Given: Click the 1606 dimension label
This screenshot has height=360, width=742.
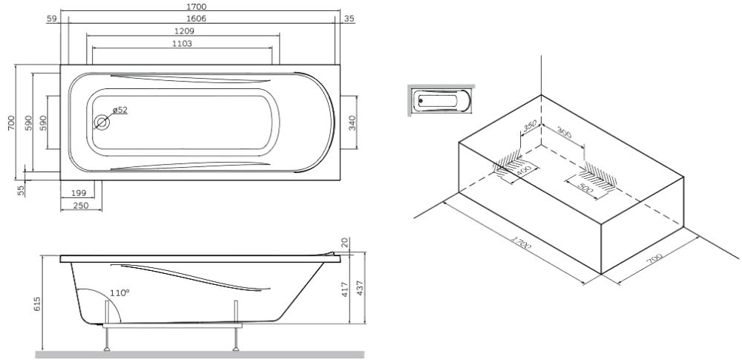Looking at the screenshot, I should [x=197, y=18].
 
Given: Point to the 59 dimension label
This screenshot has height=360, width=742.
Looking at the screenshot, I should [x=52, y=18].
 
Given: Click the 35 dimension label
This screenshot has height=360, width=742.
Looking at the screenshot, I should [x=349, y=18].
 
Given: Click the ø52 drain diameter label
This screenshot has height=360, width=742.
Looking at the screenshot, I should [x=120, y=110].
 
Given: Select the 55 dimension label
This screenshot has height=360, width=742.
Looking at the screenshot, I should [x=22, y=189].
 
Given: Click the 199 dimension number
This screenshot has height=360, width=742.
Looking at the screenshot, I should [x=79, y=193].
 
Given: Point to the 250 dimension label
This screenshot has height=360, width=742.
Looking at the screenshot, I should [x=82, y=205].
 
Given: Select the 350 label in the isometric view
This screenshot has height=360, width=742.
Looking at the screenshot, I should [x=530, y=125].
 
